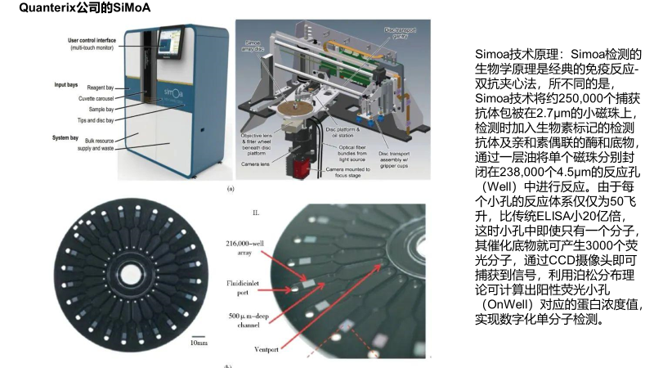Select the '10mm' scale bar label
tap(198, 343)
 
